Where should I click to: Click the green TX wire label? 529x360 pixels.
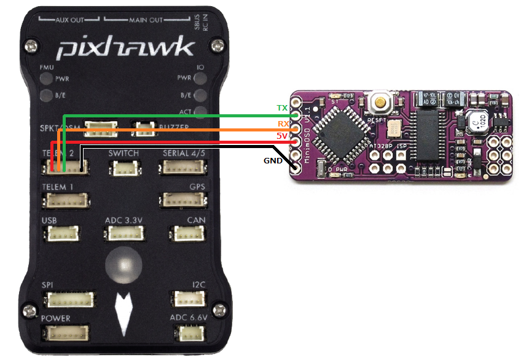click(282, 108)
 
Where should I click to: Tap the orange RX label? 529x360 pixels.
click(282, 124)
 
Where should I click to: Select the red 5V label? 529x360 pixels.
click(282, 136)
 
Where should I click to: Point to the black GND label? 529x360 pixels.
click(273, 161)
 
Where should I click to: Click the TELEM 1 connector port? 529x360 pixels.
click(64, 200)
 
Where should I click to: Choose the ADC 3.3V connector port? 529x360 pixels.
click(125, 233)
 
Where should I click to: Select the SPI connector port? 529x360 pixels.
click(69, 299)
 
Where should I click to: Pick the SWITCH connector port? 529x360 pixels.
click(126, 166)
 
